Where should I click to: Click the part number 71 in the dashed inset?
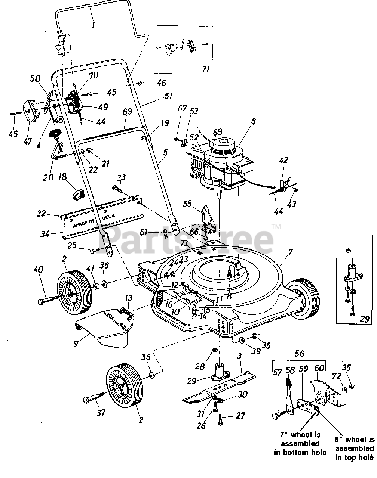tap(206, 69)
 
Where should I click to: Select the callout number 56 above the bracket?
tap(299, 353)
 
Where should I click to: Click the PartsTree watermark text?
tap(187, 239)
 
